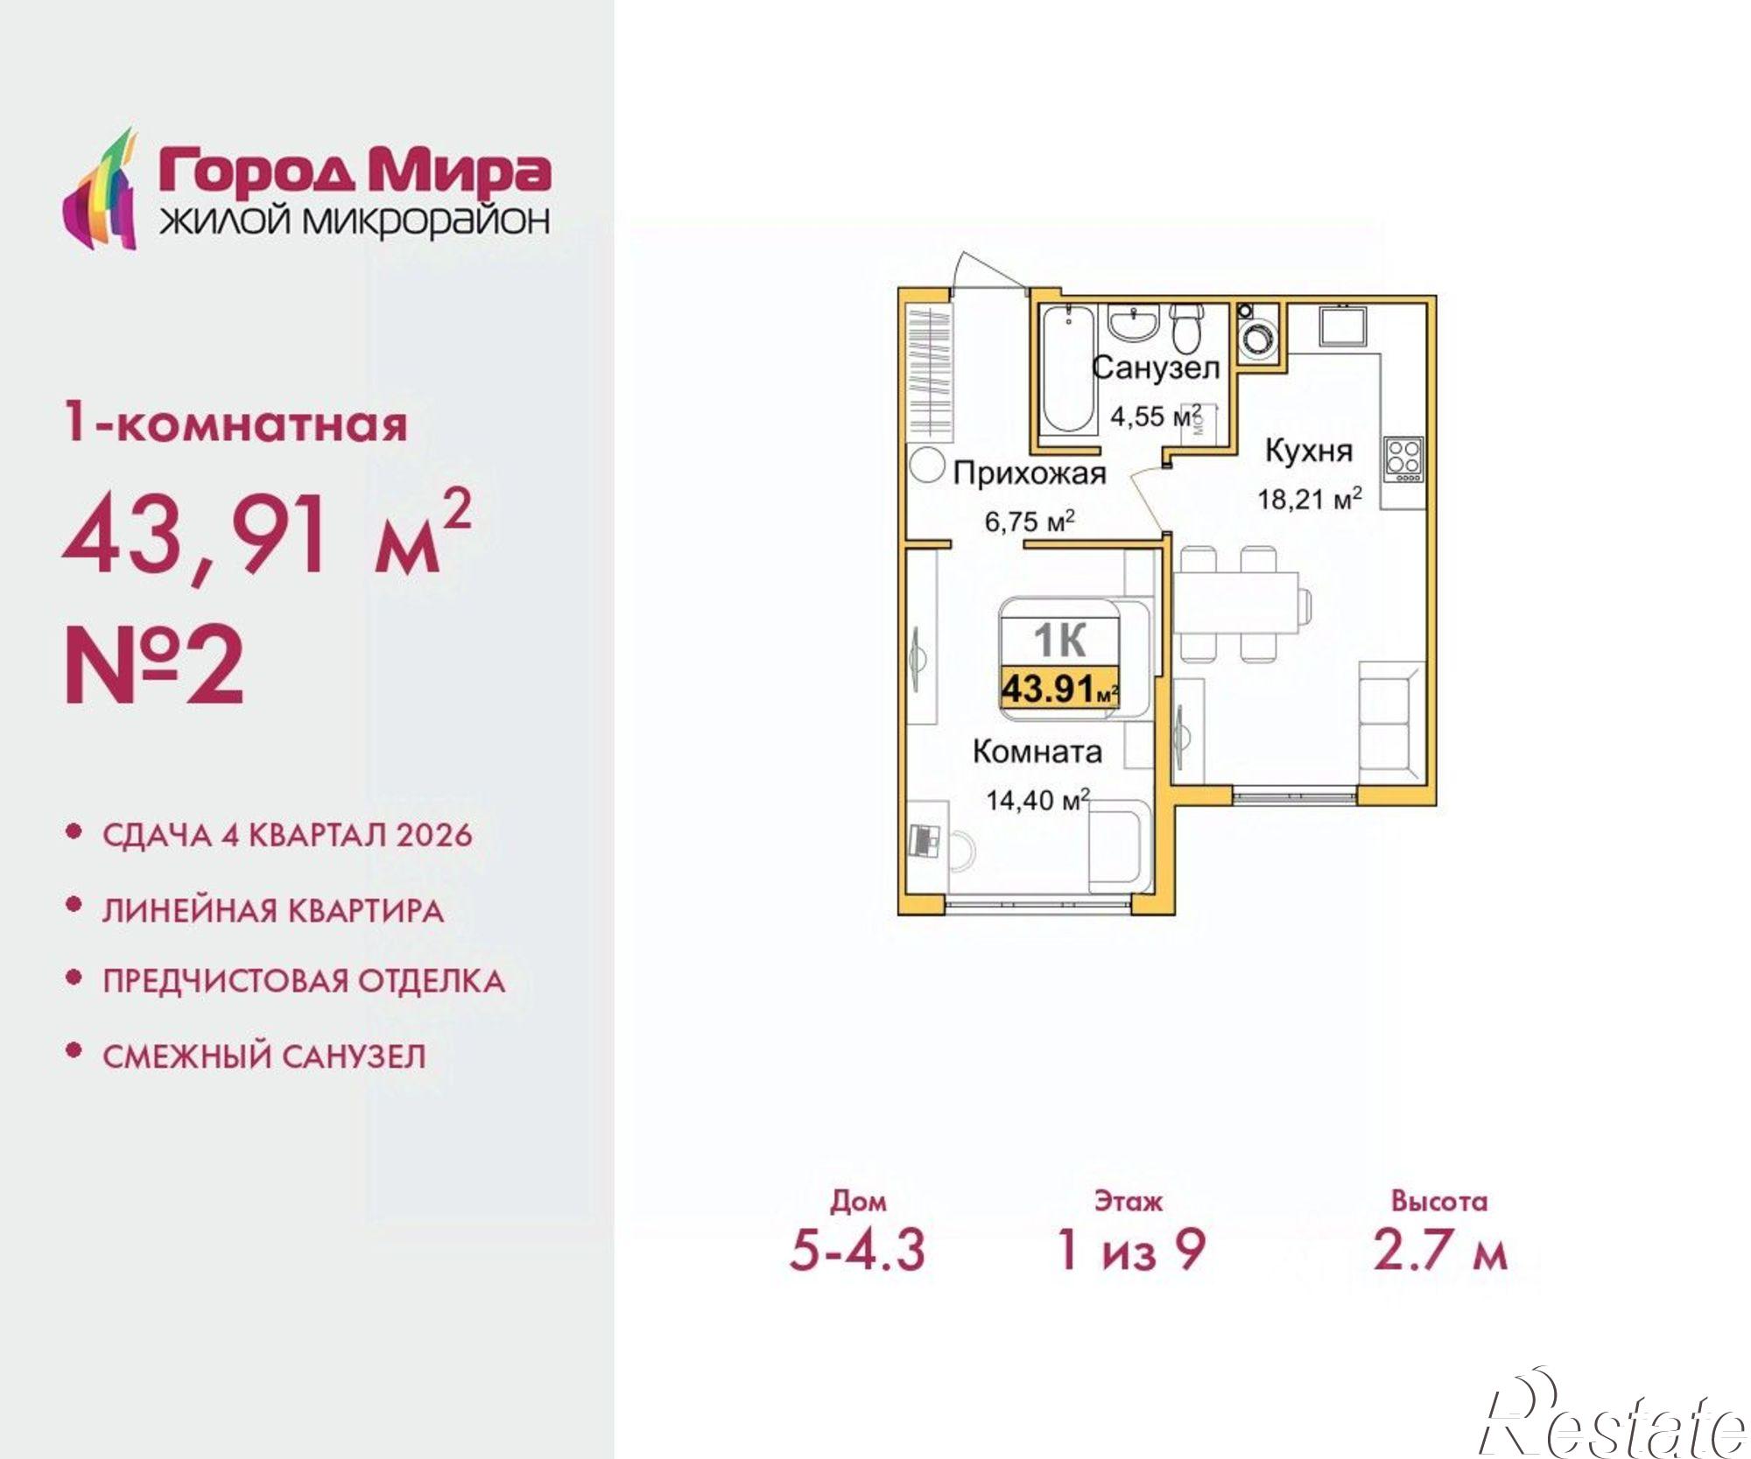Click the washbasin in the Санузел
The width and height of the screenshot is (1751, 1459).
[1135, 324]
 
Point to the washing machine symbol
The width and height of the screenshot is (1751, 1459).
[1259, 336]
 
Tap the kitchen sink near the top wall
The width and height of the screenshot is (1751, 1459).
[1344, 326]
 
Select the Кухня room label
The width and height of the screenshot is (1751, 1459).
[1309, 452]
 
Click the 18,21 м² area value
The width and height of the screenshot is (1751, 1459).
[1309, 499]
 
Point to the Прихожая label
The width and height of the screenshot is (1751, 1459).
[1030, 473]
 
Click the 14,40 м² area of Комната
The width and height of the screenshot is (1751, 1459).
[1037, 799]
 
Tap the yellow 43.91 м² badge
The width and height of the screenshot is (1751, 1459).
[1059, 688]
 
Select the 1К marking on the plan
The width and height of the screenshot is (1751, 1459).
[1059, 641]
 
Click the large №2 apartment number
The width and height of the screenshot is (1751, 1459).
[155, 666]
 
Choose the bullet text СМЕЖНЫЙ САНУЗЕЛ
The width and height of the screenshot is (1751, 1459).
[264, 1056]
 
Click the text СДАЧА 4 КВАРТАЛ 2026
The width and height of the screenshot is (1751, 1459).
[287, 835]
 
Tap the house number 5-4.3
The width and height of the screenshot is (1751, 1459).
[857, 1250]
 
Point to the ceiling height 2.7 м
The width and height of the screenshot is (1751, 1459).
[1440, 1250]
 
